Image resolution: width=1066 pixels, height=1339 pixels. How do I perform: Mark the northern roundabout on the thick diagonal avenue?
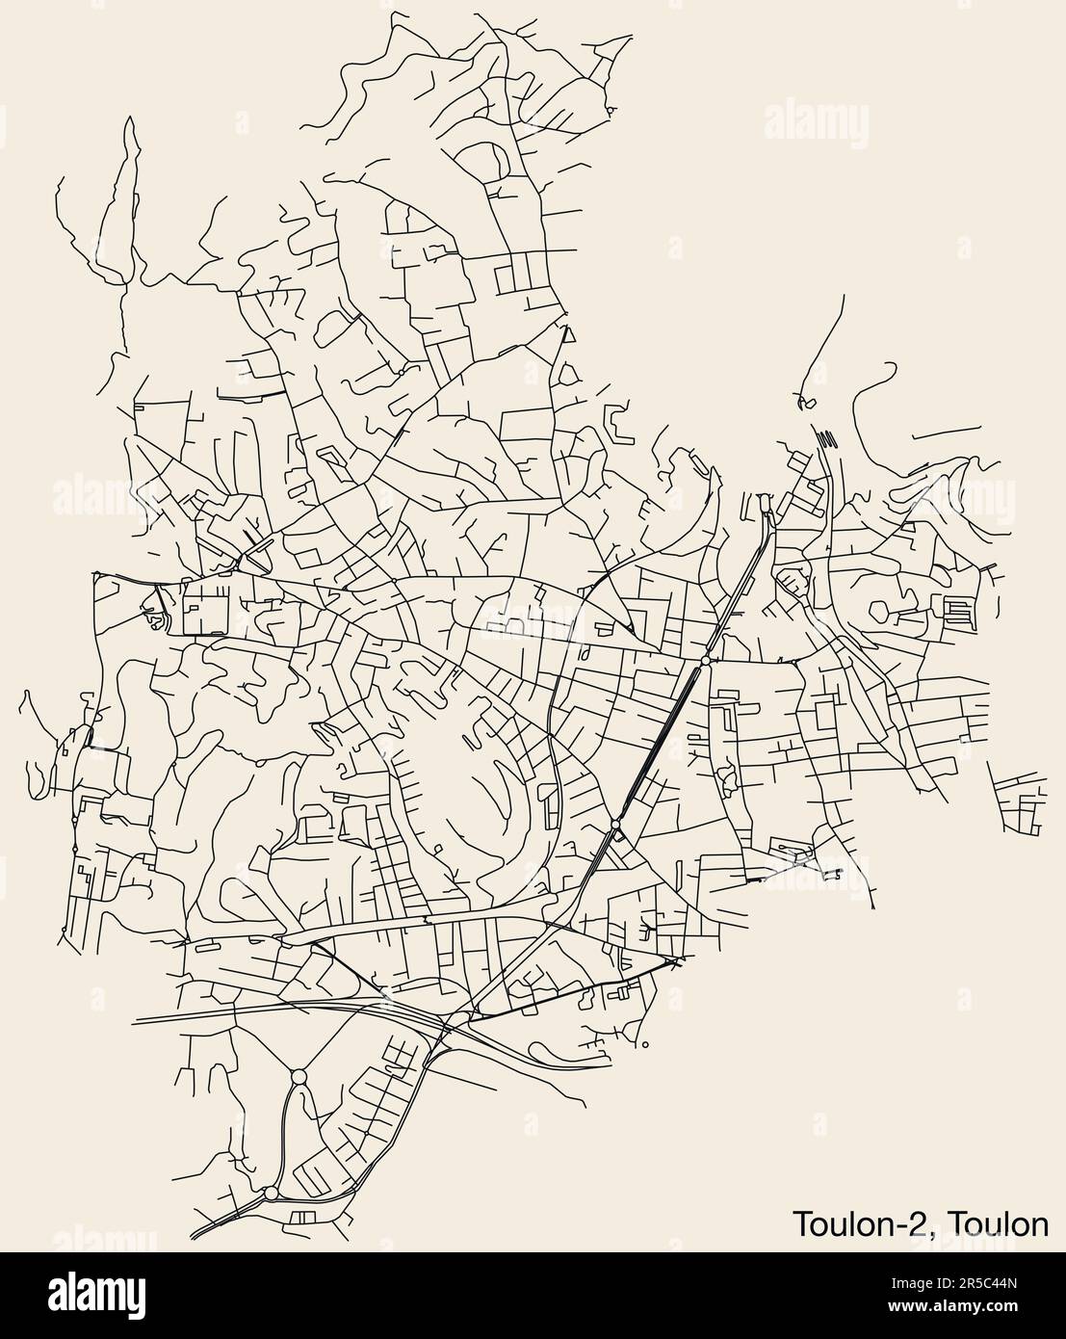pyautogui.click(x=706, y=662)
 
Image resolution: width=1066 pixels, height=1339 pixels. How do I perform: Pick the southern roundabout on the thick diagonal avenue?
pyautogui.click(x=615, y=825)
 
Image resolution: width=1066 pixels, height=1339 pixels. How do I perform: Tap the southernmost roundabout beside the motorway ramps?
pyautogui.click(x=271, y=1193)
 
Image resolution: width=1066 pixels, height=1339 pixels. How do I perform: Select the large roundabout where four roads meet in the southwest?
pyautogui.click(x=297, y=1076)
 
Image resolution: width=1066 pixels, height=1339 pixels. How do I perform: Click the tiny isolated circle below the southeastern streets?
pyautogui.click(x=644, y=1044)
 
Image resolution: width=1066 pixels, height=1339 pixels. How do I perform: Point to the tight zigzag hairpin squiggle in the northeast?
pyautogui.click(x=825, y=440)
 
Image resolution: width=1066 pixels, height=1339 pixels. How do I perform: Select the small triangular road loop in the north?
pyautogui.click(x=568, y=336)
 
